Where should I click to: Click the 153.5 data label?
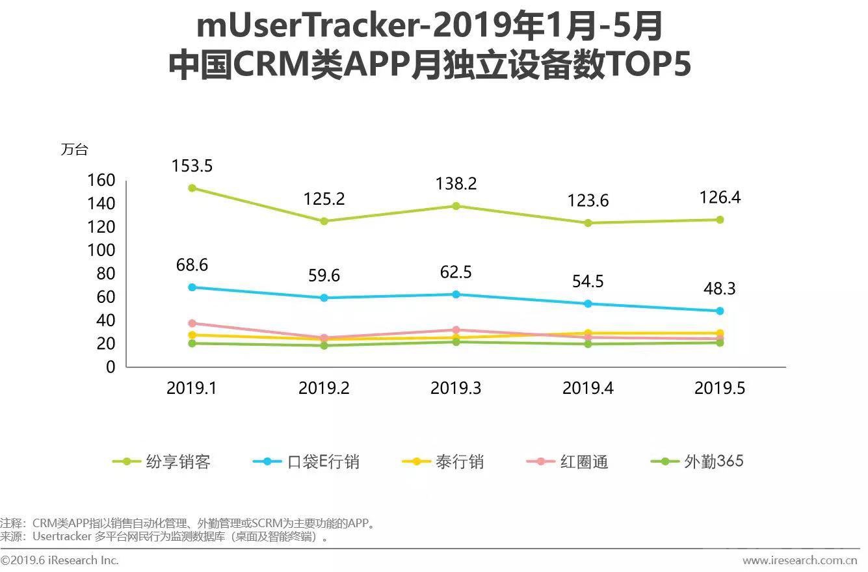tap(192, 166)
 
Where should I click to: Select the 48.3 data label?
tap(719, 289)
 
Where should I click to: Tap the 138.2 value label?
tap(456, 184)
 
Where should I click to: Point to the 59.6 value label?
tap(324, 276)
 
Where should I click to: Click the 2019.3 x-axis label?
tap(456, 389)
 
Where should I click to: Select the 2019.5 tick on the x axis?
tap(719, 389)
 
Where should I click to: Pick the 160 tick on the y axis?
tap(101, 180)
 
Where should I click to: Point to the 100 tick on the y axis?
tap(101, 250)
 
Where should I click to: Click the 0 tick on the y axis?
tap(110, 367)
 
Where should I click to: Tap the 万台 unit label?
tap(74, 149)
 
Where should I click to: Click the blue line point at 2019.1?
tap(192, 287)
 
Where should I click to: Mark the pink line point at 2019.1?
tap(192, 323)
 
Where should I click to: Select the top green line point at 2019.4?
tap(588, 223)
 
